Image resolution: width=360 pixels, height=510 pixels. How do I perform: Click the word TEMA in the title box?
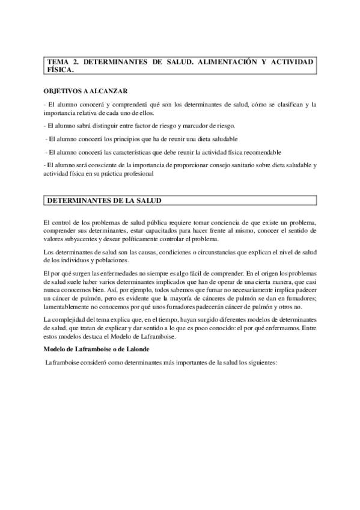pos(58,62)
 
